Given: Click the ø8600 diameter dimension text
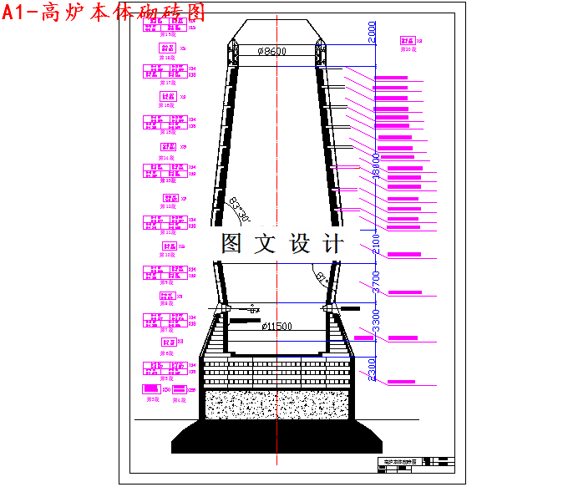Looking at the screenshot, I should (x=271, y=52).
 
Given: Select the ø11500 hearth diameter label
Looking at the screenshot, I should (x=276, y=326).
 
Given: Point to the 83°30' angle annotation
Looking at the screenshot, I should (x=241, y=210).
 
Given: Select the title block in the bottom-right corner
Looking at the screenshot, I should (x=414, y=464).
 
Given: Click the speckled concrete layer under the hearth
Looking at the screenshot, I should (x=276, y=404).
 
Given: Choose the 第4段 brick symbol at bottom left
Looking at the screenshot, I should (x=177, y=389).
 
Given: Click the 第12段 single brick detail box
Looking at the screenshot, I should (x=170, y=198).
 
